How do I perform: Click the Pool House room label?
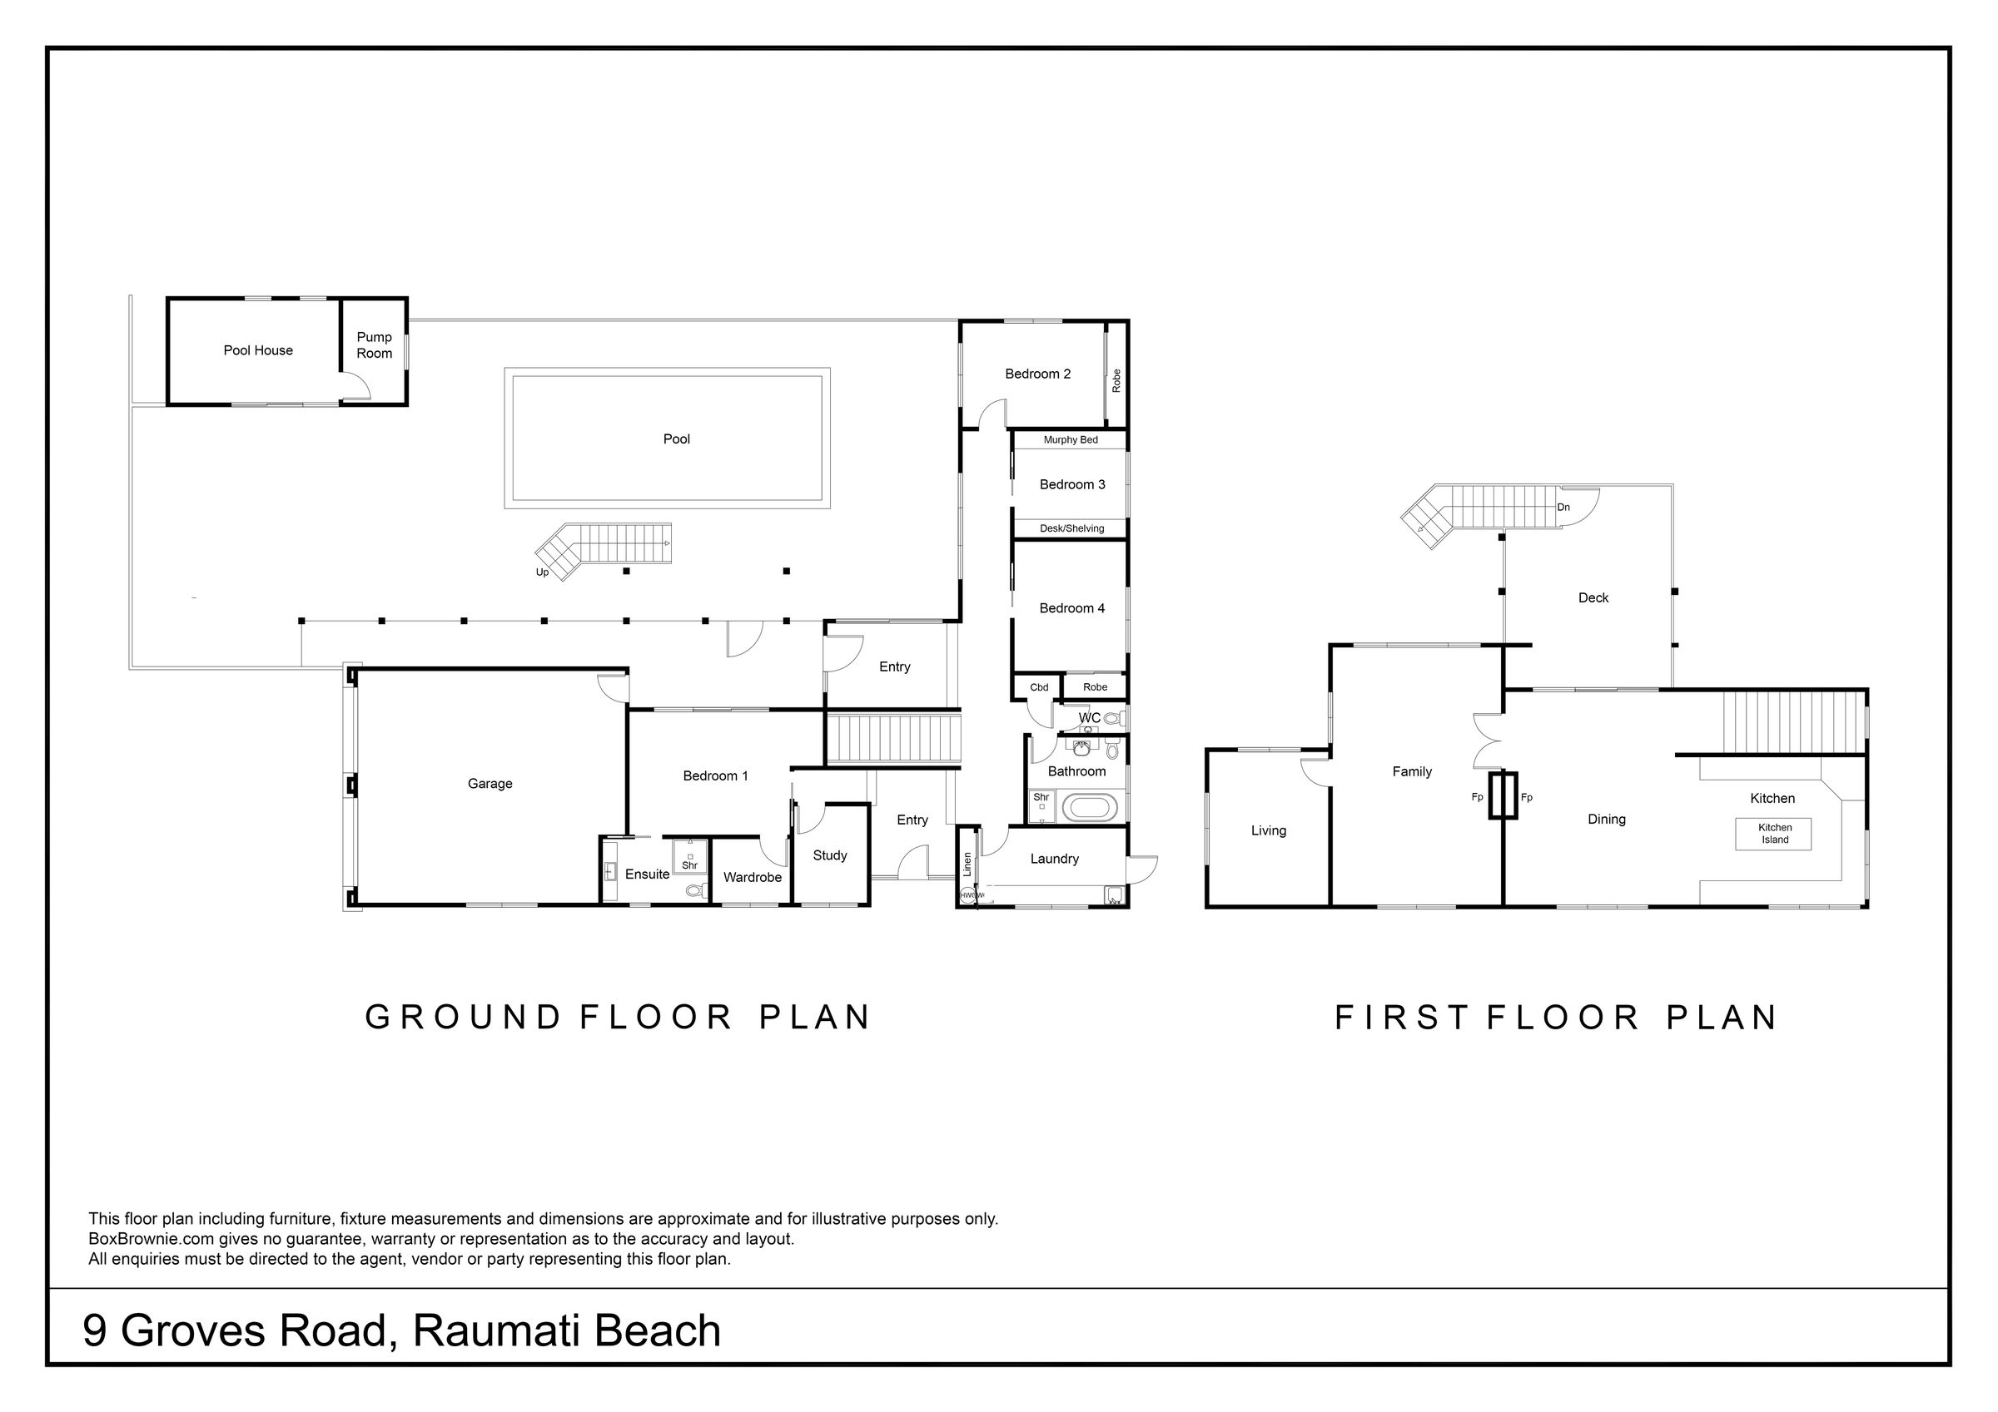(258, 350)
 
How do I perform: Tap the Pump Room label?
(374, 345)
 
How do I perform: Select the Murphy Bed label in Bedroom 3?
(1071, 440)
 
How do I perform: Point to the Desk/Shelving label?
(1071, 528)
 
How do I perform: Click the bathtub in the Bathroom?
(1089, 806)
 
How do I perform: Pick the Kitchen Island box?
(1774, 834)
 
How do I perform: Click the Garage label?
(490, 784)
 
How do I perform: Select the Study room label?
(829, 856)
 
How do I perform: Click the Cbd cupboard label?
(1039, 687)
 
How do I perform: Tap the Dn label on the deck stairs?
(1563, 508)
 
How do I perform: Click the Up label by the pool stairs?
(542, 572)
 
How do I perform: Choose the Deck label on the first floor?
(1593, 597)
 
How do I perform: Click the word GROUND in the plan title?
(463, 1017)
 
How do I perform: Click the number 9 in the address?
(95, 1330)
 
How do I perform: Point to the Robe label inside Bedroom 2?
(1116, 380)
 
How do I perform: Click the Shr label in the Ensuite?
(689, 865)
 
